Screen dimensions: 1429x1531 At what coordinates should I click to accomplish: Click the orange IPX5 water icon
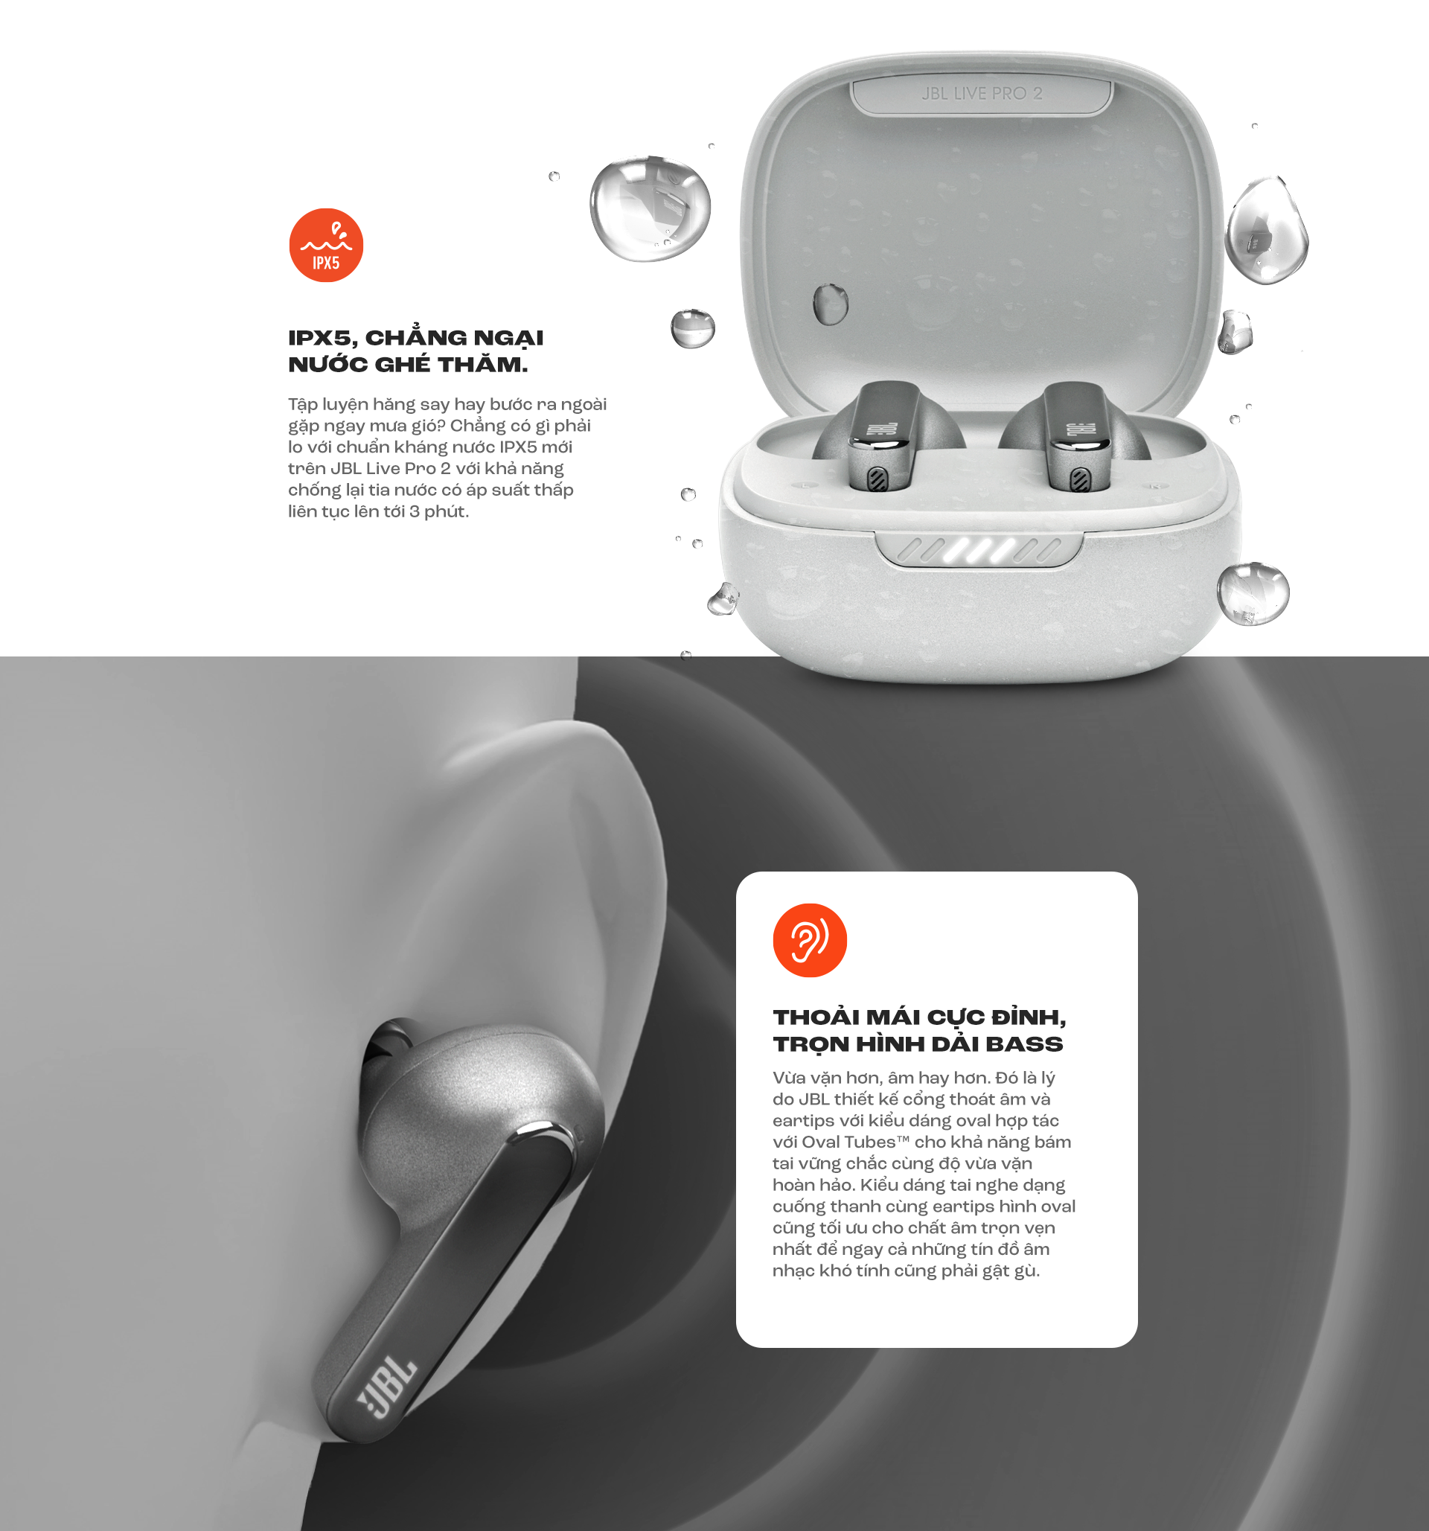click(x=326, y=245)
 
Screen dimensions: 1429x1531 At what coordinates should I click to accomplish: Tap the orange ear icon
click(x=809, y=939)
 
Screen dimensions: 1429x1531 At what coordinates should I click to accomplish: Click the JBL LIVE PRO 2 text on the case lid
click(x=982, y=93)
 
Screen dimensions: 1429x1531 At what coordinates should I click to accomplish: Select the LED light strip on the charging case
click(x=980, y=550)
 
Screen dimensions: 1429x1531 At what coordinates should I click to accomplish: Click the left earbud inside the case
click(x=884, y=436)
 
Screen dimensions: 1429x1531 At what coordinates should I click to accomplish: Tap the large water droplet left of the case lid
click(x=650, y=207)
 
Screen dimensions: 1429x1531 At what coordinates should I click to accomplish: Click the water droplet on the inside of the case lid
click(x=830, y=304)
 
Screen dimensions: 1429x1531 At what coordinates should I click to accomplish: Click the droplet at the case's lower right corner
click(x=1253, y=593)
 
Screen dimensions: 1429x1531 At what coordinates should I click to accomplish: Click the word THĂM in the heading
click(x=489, y=364)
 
